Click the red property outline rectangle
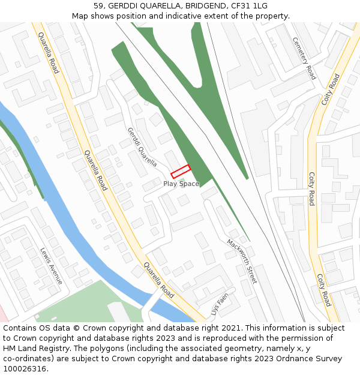[x=181, y=172]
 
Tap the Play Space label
[x=181, y=184]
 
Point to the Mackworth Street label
[x=242, y=261]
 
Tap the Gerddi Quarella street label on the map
[x=142, y=146]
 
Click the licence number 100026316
[x=25, y=369]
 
